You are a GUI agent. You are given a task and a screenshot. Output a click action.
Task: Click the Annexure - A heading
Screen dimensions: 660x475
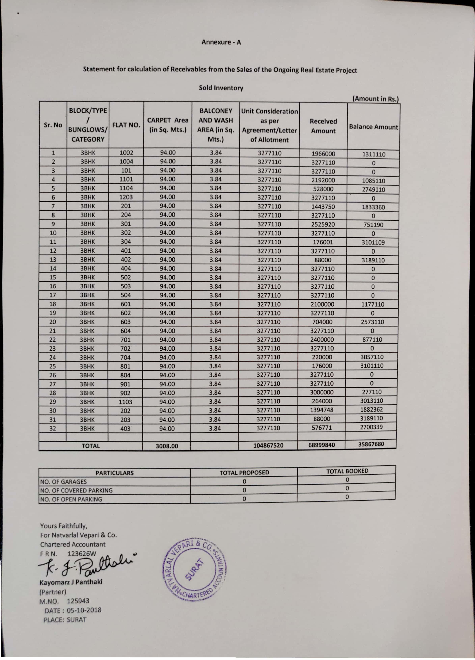click(x=221, y=42)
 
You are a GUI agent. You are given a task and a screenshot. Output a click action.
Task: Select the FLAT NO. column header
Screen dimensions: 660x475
click(x=126, y=125)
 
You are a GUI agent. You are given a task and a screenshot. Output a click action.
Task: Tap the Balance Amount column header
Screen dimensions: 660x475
click(x=373, y=127)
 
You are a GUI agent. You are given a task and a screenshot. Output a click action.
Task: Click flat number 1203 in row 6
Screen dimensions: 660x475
click(x=126, y=197)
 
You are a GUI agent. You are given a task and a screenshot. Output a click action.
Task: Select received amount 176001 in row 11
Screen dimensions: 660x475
click(x=323, y=242)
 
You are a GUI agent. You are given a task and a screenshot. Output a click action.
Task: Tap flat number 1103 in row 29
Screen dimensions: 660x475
click(x=125, y=402)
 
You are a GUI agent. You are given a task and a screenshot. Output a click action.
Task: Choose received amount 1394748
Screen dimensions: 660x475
click(x=322, y=410)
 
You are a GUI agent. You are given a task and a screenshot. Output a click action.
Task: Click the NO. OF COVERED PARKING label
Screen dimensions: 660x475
click(x=76, y=490)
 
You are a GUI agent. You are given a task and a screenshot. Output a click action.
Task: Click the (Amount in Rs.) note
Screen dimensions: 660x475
click(x=375, y=99)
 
